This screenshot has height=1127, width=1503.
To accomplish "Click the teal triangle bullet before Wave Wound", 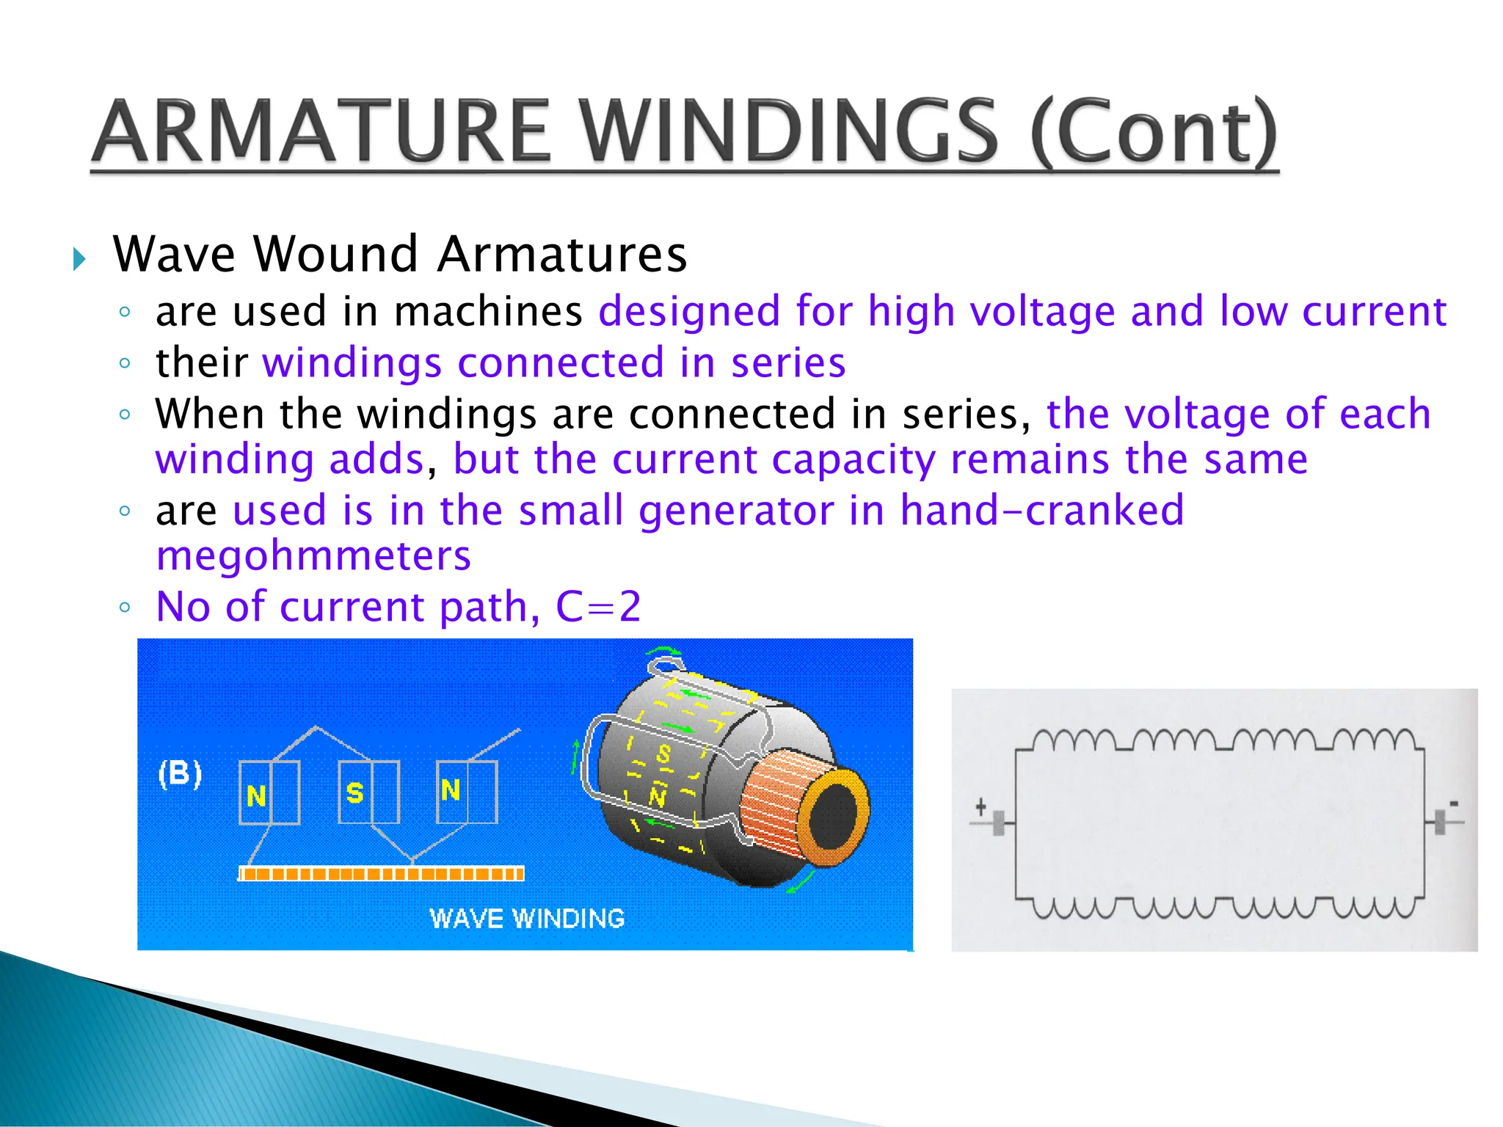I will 79,258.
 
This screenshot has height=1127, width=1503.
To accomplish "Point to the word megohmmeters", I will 313,555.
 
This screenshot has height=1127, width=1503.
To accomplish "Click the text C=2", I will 598,607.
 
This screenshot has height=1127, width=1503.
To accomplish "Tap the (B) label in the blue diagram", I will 180,773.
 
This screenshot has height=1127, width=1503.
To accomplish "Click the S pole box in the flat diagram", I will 369,792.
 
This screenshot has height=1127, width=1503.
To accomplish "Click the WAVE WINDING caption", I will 527,919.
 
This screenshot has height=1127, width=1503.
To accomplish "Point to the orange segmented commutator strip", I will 382,873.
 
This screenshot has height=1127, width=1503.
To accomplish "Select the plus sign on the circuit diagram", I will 980,807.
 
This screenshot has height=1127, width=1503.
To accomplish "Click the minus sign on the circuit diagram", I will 1453,804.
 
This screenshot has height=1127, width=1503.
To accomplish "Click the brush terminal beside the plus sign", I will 998,823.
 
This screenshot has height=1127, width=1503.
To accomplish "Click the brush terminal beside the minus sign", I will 1439,822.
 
